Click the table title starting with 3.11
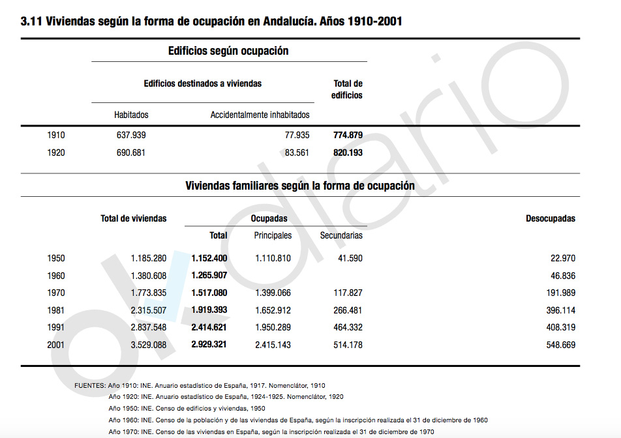pyautogui.click(x=211, y=22)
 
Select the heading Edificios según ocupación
pyautogui.click(x=228, y=51)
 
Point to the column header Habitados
pyautogui.click(x=131, y=115)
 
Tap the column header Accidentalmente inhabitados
pyautogui.click(x=260, y=115)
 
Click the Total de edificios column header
pyautogui.click(x=347, y=89)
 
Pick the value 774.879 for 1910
pyautogui.click(x=347, y=136)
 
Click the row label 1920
pyautogui.click(x=56, y=153)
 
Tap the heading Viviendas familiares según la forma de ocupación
pyautogui.click(x=300, y=186)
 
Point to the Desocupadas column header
pyautogui.click(x=551, y=218)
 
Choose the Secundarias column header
pyautogui.click(x=341, y=235)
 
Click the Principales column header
pyautogui.click(x=273, y=235)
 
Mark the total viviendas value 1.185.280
pyautogui.click(x=148, y=259)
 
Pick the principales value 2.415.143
pyautogui.click(x=273, y=345)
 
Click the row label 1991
pyautogui.click(x=56, y=327)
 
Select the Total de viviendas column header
pyautogui.click(x=133, y=218)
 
